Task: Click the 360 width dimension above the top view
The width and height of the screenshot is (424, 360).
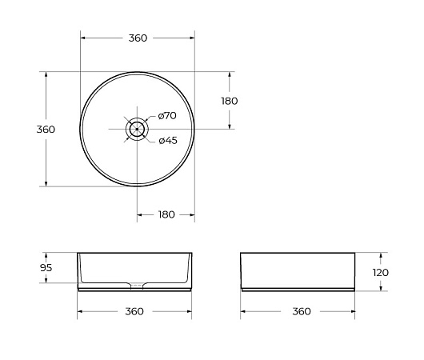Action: click(x=138, y=38)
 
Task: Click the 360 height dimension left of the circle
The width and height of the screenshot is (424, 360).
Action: click(x=46, y=130)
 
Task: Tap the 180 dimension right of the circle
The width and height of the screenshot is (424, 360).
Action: click(x=230, y=101)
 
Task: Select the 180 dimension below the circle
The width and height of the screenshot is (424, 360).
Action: click(x=166, y=214)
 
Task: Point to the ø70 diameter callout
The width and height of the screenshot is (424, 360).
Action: click(x=167, y=116)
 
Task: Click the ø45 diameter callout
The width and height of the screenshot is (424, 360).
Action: click(x=168, y=140)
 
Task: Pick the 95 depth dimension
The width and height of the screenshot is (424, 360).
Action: click(x=46, y=268)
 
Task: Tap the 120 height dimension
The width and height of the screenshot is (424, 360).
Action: click(x=381, y=272)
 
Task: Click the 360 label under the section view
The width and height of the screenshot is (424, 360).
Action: click(x=134, y=311)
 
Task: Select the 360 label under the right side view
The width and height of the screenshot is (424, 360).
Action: click(x=302, y=311)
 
